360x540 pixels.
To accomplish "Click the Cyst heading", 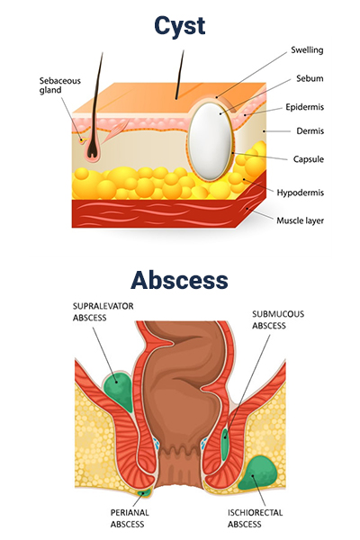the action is click(179, 26).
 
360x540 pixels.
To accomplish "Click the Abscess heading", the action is click(179, 280).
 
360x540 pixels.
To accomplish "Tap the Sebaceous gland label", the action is click(59, 85).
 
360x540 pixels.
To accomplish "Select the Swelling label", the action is click(307, 50).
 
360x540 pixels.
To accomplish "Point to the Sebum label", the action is click(310, 78).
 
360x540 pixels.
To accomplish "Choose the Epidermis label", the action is click(304, 107).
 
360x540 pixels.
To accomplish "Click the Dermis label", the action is click(310, 130).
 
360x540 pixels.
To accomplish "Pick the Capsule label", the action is click(309, 159).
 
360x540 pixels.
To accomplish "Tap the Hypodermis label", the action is click(300, 193).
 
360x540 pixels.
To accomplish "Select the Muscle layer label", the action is click(300, 220).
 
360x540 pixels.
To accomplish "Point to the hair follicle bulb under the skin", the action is click(93, 149).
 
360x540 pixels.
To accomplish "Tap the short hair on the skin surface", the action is click(179, 75).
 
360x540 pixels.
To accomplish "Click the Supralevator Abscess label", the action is click(103, 312).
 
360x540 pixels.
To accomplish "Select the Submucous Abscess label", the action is click(278, 319).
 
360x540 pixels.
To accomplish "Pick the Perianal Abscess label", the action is click(130, 518).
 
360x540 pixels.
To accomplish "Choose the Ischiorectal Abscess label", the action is click(255, 518).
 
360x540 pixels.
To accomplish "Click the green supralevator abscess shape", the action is click(119, 389).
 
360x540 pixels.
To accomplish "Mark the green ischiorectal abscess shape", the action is click(258, 472).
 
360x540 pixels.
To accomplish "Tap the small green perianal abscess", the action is click(144, 493).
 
